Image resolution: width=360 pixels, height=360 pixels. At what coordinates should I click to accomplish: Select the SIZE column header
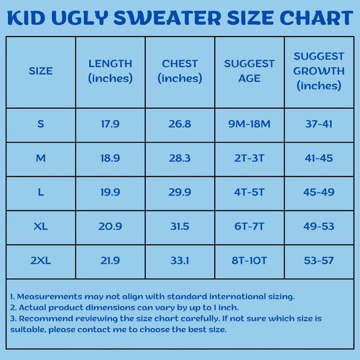[x=41, y=71]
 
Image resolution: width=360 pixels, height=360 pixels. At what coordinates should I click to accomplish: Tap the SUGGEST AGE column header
[x=249, y=71]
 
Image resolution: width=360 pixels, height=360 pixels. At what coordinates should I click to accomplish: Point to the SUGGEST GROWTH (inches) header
[x=319, y=71]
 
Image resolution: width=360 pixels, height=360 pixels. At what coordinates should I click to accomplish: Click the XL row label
[x=41, y=227]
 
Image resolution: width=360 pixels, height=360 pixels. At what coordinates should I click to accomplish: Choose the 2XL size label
[x=41, y=261]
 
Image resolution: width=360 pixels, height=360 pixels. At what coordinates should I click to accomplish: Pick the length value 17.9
[x=110, y=124]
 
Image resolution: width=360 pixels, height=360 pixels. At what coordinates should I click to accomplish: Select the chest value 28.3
[x=179, y=158]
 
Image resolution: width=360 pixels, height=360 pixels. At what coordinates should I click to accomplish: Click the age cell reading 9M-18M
[x=249, y=124]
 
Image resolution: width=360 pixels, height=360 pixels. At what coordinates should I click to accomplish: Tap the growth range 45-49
[x=319, y=192]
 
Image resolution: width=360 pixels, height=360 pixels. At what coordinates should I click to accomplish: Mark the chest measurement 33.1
[x=179, y=261]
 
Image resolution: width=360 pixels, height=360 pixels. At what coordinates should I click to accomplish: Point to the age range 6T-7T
[x=249, y=227]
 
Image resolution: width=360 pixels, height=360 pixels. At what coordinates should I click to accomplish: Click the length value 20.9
[x=110, y=227]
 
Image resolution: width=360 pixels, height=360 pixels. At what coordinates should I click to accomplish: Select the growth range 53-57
[x=319, y=261]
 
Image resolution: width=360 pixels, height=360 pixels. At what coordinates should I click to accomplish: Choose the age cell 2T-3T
[x=249, y=158]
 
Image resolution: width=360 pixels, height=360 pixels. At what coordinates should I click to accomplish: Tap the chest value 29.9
[x=179, y=192]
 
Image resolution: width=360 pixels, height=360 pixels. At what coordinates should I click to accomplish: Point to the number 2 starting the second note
[x=12, y=307]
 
